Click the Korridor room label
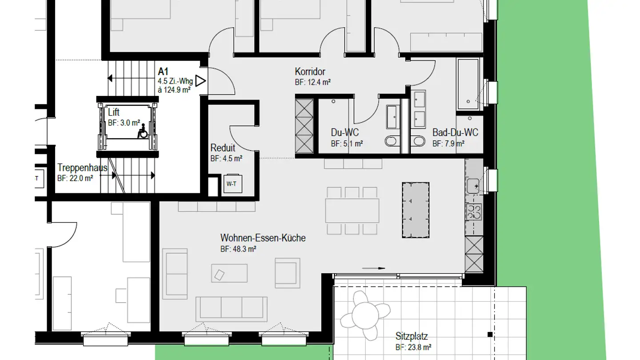point(310,72)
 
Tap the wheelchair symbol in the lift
point(143,132)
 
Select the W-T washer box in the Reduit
point(232,183)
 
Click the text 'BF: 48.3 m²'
point(238,249)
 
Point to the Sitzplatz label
point(412,336)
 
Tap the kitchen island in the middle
point(416,210)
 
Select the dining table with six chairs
point(352,211)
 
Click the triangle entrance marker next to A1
point(200,81)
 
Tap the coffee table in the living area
point(229,273)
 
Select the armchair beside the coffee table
point(287,272)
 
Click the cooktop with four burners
point(474,211)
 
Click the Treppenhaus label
point(82,168)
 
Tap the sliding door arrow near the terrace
point(373,268)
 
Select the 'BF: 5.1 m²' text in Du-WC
point(347,144)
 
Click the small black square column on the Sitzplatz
point(490,334)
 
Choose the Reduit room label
point(223,148)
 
